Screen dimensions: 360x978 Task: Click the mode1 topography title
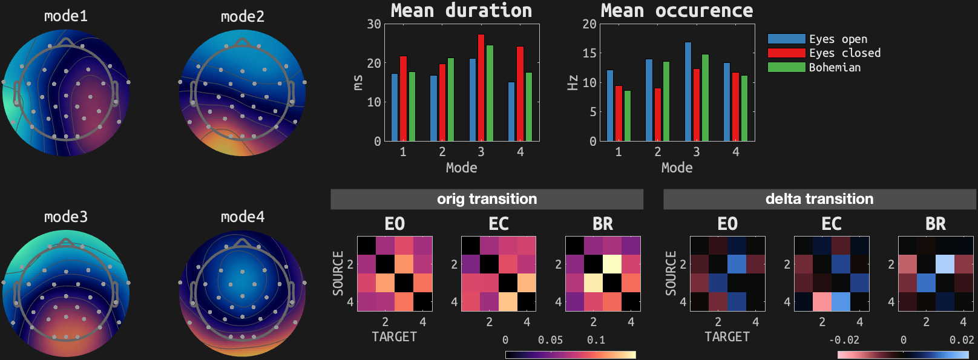click(65, 16)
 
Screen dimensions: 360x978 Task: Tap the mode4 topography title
click(242, 217)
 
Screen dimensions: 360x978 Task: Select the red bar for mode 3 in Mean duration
click(481, 88)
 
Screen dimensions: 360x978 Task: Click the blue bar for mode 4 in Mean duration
click(511, 112)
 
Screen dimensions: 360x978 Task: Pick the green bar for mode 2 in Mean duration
click(450, 100)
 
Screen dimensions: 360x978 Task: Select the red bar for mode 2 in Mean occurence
click(658, 115)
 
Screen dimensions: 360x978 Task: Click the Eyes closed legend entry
click(845, 53)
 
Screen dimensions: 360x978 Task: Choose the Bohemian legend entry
click(835, 67)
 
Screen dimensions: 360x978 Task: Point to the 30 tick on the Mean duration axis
click(374, 24)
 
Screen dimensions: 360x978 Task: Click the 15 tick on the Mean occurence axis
click(589, 53)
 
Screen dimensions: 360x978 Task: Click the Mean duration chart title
click(461, 10)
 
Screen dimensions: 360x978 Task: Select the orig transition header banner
click(487, 199)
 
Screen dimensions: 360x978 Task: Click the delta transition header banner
click(819, 199)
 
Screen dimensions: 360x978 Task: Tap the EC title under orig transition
click(499, 224)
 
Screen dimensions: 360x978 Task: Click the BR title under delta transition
click(936, 224)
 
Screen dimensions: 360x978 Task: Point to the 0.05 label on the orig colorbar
click(550, 340)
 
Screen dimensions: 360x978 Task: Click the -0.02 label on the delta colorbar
click(844, 340)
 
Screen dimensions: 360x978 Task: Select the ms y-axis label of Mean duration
click(358, 82)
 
